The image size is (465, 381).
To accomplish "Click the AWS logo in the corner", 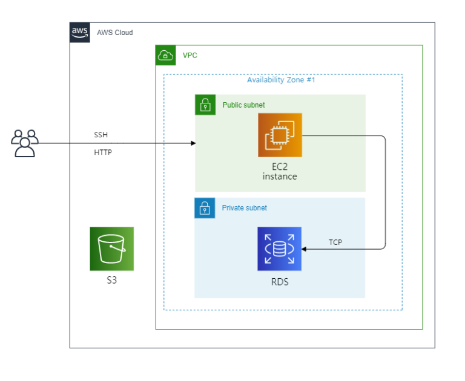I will (x=80, y=32).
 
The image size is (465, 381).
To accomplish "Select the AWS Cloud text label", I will (x=114, y=33).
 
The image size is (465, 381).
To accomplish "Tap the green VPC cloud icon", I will (x=165, y=55).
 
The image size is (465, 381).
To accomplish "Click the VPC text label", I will (x=190, y=56).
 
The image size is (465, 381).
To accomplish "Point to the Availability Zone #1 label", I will (x=281, y=80).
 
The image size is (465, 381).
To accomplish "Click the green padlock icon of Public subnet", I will (x=205, y=105).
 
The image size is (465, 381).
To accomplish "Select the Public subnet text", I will (x=243, y=105).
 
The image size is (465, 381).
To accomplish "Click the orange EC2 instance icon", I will (x=280, y=135).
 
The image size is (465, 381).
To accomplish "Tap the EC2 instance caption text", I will (x=280, y=171).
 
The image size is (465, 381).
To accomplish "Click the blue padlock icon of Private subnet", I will (x=205, y=207).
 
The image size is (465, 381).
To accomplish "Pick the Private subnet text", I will (x=245, y=208).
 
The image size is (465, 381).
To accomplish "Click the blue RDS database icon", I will (x=279, y=249).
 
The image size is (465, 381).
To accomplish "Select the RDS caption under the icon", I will (x=280, y=281).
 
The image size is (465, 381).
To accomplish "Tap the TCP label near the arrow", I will (x=335, y=242).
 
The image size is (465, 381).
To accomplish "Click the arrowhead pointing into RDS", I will (x=305, y=249).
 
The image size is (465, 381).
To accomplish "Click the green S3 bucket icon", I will (x=111, y=249).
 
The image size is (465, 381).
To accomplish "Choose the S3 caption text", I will (x=111, y=281).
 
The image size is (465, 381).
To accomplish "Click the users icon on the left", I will (x=25, y=143).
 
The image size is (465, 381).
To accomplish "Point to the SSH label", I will (x=101, y=135).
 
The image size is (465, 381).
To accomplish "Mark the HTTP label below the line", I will (x=102, y=152).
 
